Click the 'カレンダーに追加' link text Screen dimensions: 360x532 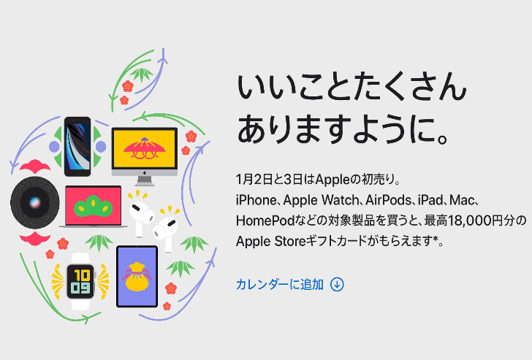tap(279, 284)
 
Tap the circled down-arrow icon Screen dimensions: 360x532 tap(337, 284)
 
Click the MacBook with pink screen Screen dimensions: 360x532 tap(94, 207)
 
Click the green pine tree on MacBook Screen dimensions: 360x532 tap(94, 204)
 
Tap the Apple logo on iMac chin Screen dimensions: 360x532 tap(145, 175)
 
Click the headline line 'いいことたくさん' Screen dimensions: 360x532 tap(351, 89)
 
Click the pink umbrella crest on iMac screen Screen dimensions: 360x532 tap(145, 149)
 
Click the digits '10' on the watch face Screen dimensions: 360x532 tap(80, 273)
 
